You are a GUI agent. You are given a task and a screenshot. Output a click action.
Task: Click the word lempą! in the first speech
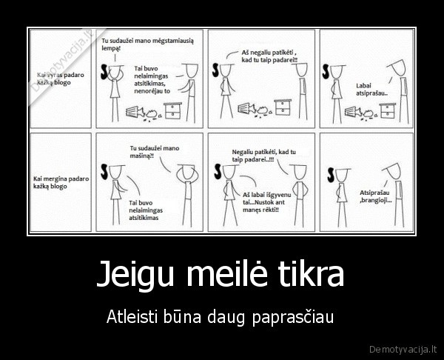point(110,47)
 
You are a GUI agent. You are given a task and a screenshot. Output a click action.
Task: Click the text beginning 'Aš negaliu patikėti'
point(269,55)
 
